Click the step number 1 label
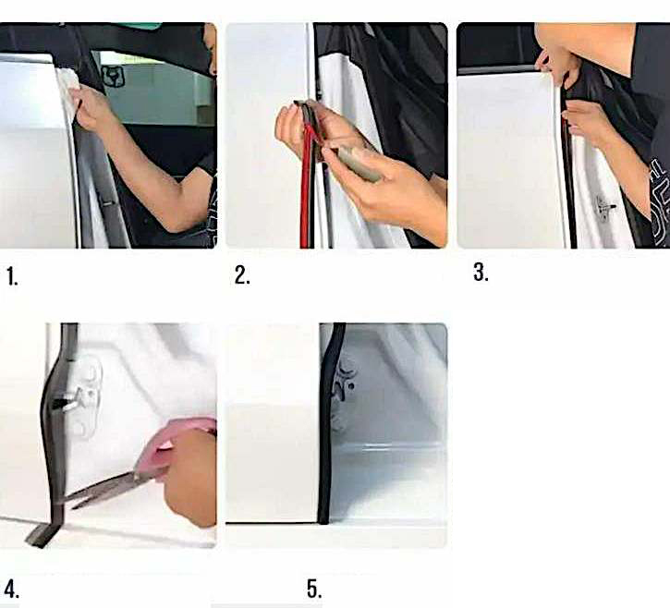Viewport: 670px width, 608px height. (x=12, y=276)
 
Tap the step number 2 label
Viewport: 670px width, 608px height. (x=242, y=275)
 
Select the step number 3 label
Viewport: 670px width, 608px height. (x=481, y=273)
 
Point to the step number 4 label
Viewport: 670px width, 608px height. (x=12, y=589)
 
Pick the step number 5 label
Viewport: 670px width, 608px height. (x=314, y=590)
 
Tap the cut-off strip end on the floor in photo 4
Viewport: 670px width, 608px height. (x=41, y=535)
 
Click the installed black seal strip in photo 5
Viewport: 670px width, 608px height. (x=328, y=423)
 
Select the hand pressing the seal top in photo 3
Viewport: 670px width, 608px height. (x=555, y=64)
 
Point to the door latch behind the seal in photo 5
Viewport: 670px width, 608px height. (x=347, y=382)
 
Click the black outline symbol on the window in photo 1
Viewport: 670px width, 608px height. (x=113, y=77)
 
